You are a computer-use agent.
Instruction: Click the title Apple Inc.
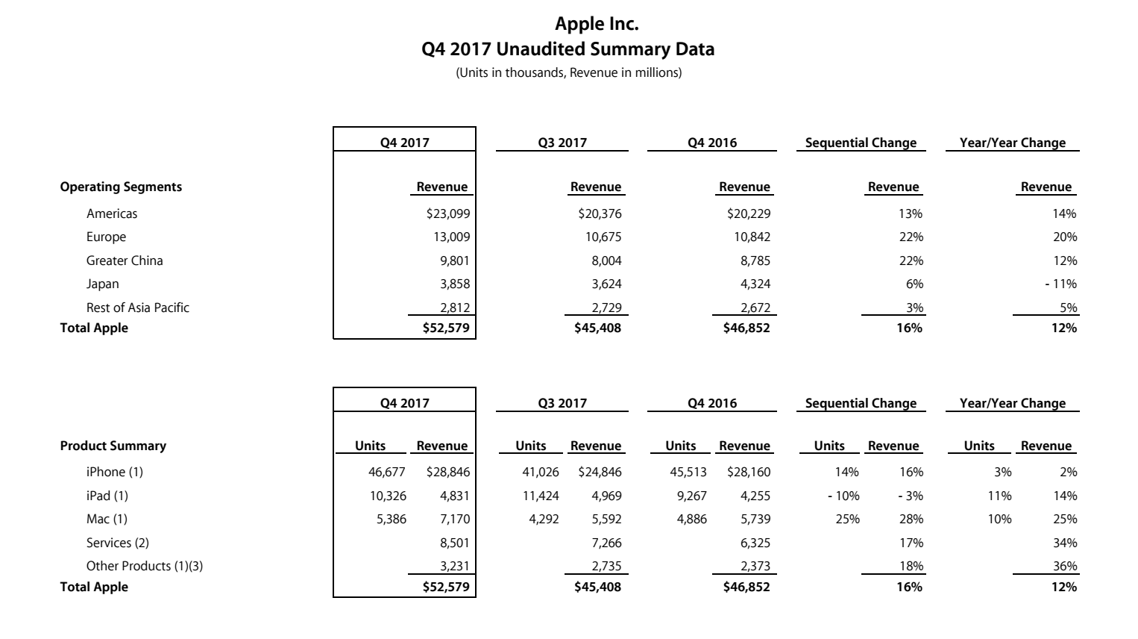(597, 24)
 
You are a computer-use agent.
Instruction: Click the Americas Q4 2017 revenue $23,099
(448, 213)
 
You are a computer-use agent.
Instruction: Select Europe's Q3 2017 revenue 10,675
(603, 237)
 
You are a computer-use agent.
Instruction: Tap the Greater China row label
(124, 261)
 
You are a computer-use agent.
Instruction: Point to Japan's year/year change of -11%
(1060, 284)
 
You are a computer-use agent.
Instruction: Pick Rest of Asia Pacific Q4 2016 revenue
(749, 308)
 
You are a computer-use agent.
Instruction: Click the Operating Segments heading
(121, 187)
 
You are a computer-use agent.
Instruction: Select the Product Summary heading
(113, 446)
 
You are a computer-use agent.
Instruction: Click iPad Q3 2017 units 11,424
(538, 496)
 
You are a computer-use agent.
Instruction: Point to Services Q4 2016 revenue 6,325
(755, 543)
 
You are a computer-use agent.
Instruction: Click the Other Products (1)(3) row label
(144, 566)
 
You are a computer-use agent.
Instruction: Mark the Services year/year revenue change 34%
(1065, 543)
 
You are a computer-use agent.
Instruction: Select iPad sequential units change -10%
(843, 496)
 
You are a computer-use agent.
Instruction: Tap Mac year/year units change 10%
(999, 519)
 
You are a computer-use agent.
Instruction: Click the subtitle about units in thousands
(568, 73)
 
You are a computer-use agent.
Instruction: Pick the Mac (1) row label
(107, 519)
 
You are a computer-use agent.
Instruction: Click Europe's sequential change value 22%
(911, 237)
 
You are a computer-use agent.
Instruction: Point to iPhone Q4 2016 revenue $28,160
(749, 472)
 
